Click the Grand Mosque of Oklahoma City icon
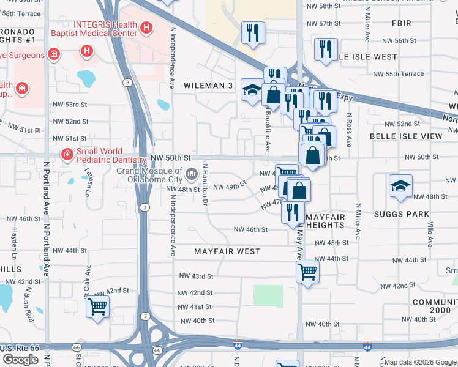coord(191,175)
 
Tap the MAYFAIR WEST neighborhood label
coord(227,251)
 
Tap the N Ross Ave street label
coord(349,130)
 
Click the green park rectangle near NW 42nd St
coord(268,296)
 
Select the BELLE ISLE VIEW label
coord(405,136)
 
